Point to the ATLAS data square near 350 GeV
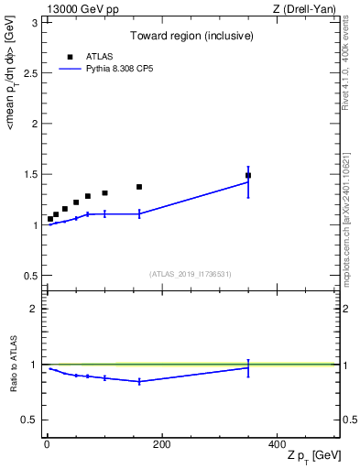248,175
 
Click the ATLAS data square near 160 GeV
139,187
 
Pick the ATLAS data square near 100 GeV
104,193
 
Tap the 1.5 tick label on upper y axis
33,174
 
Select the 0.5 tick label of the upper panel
33,275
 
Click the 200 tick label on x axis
162,444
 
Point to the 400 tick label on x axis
277,444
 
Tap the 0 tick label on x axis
47,444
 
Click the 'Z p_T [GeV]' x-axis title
313,455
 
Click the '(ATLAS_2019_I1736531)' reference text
191,274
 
